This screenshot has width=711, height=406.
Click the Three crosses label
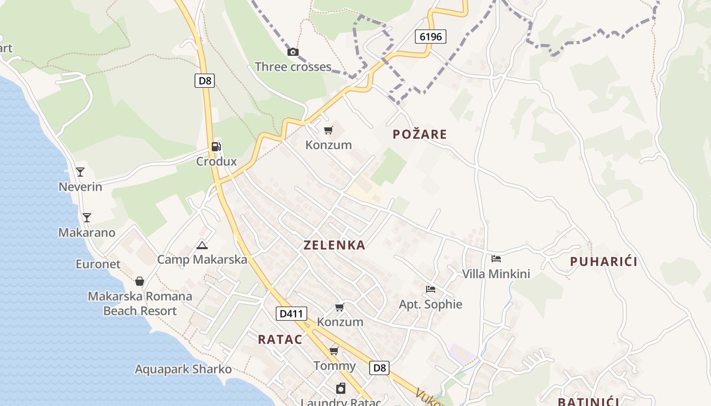point(293,66)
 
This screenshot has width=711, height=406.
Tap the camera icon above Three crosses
point(293,52)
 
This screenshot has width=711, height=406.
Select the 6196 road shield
point(430,37)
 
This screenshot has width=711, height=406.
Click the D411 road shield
point(292,314)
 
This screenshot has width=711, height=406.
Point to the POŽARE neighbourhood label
point(419,134)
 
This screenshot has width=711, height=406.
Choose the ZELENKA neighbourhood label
point(334,245)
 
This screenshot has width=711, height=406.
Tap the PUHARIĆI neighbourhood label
point(603,262)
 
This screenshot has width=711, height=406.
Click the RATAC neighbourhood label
point(280,340)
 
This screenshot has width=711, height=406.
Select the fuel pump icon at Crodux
point(216,147)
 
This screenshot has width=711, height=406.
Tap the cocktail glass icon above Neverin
point(80,172)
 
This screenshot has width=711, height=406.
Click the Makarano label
point(87,233)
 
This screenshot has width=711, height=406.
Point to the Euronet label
point(98,264)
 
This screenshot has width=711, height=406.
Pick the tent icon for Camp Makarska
point(202,246)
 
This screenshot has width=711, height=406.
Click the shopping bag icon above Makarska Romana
point(140,281)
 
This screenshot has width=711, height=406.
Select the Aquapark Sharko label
point(183,369)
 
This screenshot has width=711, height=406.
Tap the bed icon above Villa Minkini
point(496,259)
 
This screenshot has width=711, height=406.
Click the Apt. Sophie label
point(431,304)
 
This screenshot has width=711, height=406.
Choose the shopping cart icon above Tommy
point(334,351)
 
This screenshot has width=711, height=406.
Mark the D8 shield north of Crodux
point(205,81)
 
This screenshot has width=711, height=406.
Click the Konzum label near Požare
point(329,145)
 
